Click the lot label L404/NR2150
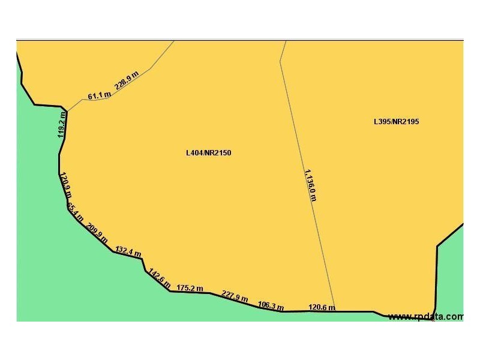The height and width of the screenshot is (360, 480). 208,153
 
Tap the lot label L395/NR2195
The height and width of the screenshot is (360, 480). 396,121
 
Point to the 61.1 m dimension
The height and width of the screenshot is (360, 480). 99,95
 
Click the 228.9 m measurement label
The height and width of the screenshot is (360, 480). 127,80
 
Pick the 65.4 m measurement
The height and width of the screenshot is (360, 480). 76,212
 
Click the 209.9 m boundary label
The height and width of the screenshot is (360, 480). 97,233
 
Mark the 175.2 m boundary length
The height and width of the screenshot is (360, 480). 190,288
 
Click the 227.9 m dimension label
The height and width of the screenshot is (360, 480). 235,296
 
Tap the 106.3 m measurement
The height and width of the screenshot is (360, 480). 270,306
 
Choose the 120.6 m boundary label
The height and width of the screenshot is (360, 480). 322,308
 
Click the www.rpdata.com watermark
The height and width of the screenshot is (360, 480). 425,317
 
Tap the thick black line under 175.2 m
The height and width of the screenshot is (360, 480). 190,292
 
